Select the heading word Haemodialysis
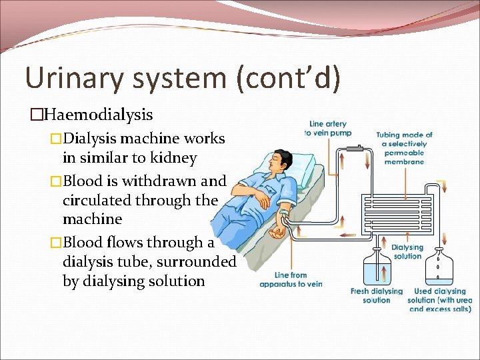[97, 115]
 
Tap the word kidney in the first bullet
[173, 158]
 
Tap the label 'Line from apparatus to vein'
[291, 279]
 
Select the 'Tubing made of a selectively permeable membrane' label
[404, 148]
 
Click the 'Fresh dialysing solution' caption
[377, 295]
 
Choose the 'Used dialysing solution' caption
[440, 300]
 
